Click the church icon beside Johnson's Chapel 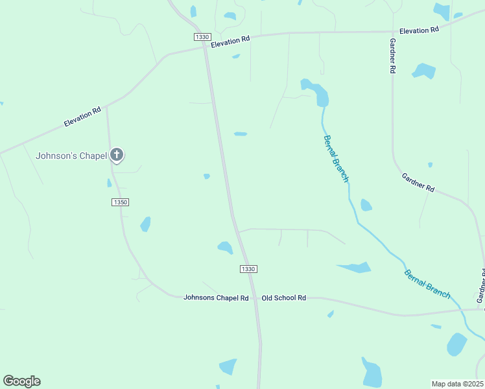click(117, 155)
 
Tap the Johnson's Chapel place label click(71, 156)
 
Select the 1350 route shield click(120, 202)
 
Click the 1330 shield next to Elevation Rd click(202, 37)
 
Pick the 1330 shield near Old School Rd click(248, 269)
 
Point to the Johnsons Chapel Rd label click(216, 298)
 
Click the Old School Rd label click(283, 298)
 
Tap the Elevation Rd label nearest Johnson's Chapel click(82, 117)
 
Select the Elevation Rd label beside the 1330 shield click(230, 40)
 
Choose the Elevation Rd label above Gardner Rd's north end click(419, 30)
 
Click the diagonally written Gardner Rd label click(418, 183)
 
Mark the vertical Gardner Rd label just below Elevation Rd click(392, 55)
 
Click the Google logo click(21, 381)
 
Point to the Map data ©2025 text click(457, 384)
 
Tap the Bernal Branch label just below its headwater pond click(336, 158)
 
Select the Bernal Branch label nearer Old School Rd click(427, 283)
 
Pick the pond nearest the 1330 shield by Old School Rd click(225, 247)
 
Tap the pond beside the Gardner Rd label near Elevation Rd click(424, 70)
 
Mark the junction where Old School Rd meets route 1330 click(253, 298)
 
